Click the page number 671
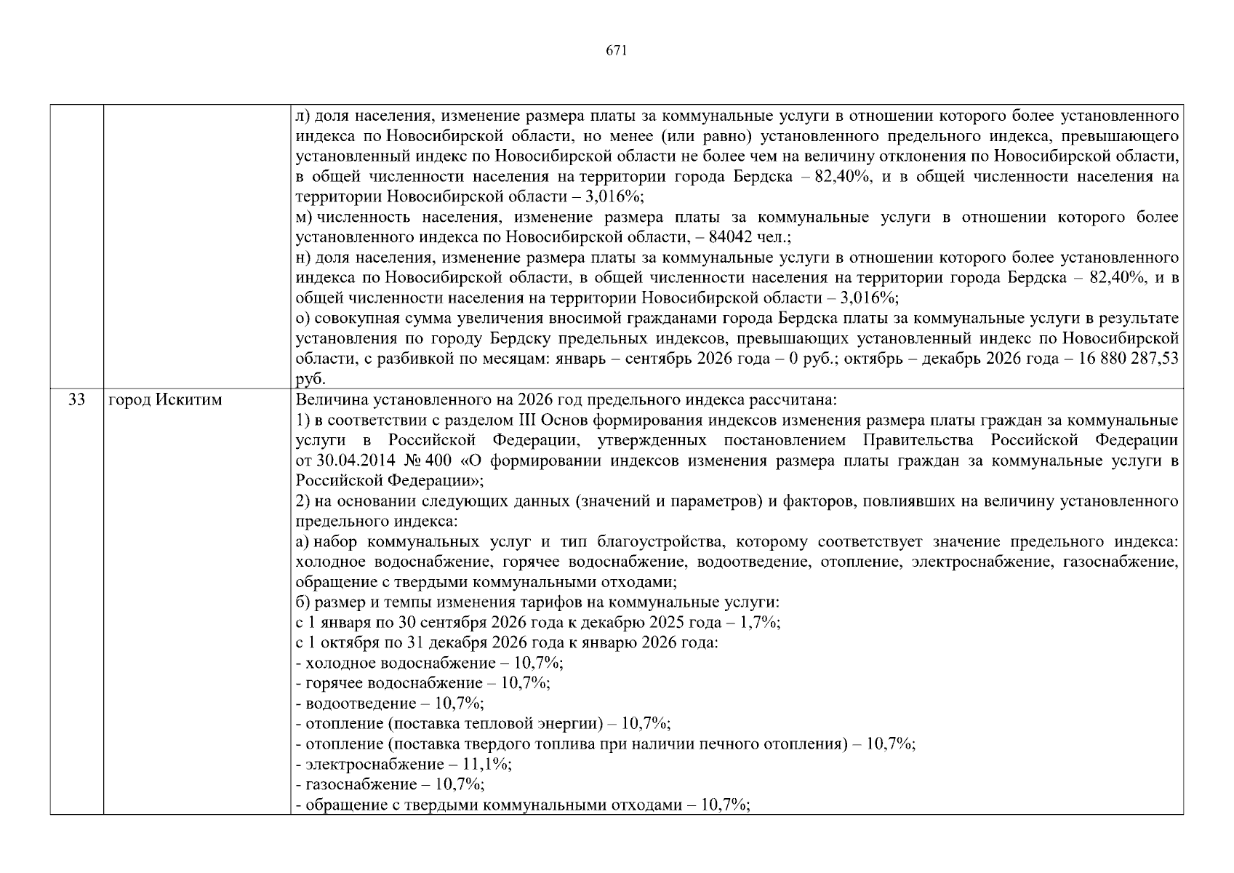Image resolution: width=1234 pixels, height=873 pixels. (x=616, y=50)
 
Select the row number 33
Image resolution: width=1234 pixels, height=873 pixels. (x=76, y=399)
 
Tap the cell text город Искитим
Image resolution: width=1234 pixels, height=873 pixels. (x=165, y=399)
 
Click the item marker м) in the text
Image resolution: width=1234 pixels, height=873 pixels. (x=303, y=217)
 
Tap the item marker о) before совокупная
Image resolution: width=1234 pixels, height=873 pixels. (x=303, y=318)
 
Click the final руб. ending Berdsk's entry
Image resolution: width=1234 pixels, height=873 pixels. (x=310, y=379)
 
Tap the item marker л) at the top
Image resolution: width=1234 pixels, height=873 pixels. (x=303, y=116)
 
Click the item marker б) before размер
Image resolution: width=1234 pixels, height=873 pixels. (x=303, y=602)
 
